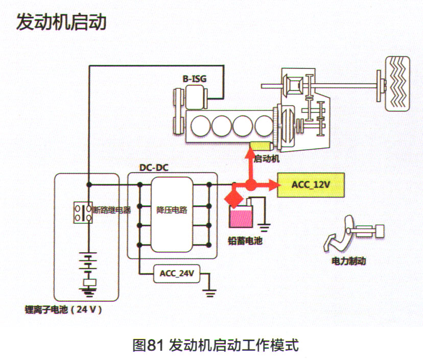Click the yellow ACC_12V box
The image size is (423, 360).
[x=310, y=185]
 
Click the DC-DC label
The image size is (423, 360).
[x=154, y=167]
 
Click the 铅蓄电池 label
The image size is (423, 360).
[x=245, y=241]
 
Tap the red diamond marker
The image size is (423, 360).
[x=233, y=197]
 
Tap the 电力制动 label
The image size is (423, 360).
[x=349, y=261]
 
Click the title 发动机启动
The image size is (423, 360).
[x=61, y=22]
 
